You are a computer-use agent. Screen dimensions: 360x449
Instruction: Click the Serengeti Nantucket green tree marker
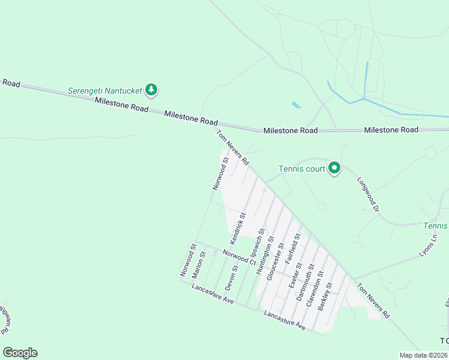pyautogui.click(x=151, y=90)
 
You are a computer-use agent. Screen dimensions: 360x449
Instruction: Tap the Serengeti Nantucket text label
pyautogui.click(x=105, y=90)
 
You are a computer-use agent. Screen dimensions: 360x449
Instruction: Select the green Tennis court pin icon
pyautogui.click(x=334, y=169)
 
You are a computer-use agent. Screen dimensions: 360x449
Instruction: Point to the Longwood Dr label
pyautogui.click(x=369, y=194)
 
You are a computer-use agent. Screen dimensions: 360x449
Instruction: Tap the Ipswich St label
pyautogui.click(x=258, y=244)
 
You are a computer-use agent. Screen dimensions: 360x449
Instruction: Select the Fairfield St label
pyautogui.click(x=293, y=249)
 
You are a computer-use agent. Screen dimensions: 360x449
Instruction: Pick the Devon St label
pyautogui.click(x=232, y=278)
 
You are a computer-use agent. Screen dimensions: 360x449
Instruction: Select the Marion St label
pyautogui.click(x=198, y=265)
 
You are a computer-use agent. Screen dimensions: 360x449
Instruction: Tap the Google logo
pyautogui.click(x=20, y=353)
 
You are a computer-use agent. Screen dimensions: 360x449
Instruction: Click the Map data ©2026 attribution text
pyautogui.click(x=423, y=355)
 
